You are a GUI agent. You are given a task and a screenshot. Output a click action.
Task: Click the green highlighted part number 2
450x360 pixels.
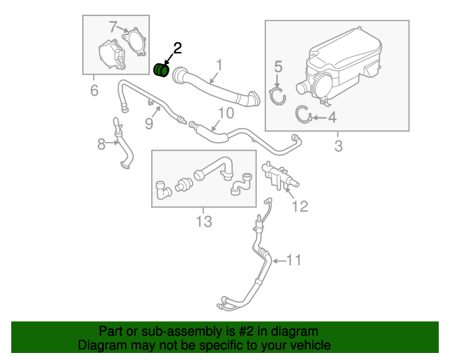(161, 70)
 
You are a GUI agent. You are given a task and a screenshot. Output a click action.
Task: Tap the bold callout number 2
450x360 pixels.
(177, 49)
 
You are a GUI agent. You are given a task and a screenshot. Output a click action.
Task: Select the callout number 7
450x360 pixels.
(113, 27)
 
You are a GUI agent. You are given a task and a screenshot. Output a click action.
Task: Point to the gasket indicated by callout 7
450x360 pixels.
(134, 42)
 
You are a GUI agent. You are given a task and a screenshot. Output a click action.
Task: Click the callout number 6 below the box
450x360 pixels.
(94, 91)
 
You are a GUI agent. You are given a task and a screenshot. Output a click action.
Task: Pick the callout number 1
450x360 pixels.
(219, 65)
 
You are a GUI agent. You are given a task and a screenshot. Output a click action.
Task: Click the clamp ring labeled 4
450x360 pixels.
(304, 115)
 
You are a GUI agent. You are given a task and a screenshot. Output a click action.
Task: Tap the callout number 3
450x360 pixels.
(338, 146)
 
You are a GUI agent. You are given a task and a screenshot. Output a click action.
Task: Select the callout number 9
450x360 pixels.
(149, 124)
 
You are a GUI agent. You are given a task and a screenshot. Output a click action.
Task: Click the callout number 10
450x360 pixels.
(226, 113)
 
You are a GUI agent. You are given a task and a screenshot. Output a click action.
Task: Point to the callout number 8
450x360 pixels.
(101, 144)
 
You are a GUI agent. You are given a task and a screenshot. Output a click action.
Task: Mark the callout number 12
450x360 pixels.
(300, 206)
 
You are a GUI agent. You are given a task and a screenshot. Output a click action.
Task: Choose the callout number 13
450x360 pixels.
(204, 221)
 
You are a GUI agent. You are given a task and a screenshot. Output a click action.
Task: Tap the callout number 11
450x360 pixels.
(294, 260)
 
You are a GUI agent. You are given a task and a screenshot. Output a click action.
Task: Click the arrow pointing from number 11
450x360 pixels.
(279, 261)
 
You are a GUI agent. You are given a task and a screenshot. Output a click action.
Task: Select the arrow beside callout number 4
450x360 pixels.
(319, 117)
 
